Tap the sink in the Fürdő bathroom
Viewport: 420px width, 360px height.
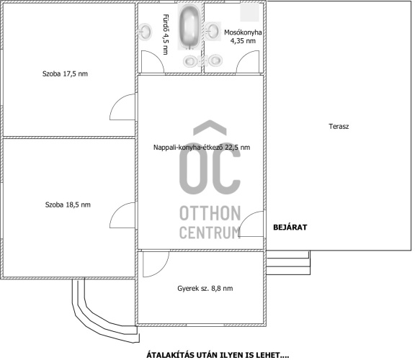146,32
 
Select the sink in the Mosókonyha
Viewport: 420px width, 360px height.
213,31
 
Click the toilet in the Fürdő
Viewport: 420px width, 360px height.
191,61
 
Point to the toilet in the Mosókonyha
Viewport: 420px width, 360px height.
214,60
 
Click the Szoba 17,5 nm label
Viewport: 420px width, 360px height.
65,74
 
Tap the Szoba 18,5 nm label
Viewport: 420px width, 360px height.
68,205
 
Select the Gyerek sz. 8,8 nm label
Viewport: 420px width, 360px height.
205,289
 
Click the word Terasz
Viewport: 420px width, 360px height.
339,126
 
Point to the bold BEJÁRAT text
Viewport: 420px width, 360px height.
290,228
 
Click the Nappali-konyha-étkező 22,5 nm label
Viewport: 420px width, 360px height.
202,148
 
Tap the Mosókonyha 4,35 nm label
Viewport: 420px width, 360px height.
243,37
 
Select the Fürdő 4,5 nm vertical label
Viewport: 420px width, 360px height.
166,35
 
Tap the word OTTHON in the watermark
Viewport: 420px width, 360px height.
210,213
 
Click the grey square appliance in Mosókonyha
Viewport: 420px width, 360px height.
249,12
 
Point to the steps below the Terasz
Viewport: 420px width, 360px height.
288,263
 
